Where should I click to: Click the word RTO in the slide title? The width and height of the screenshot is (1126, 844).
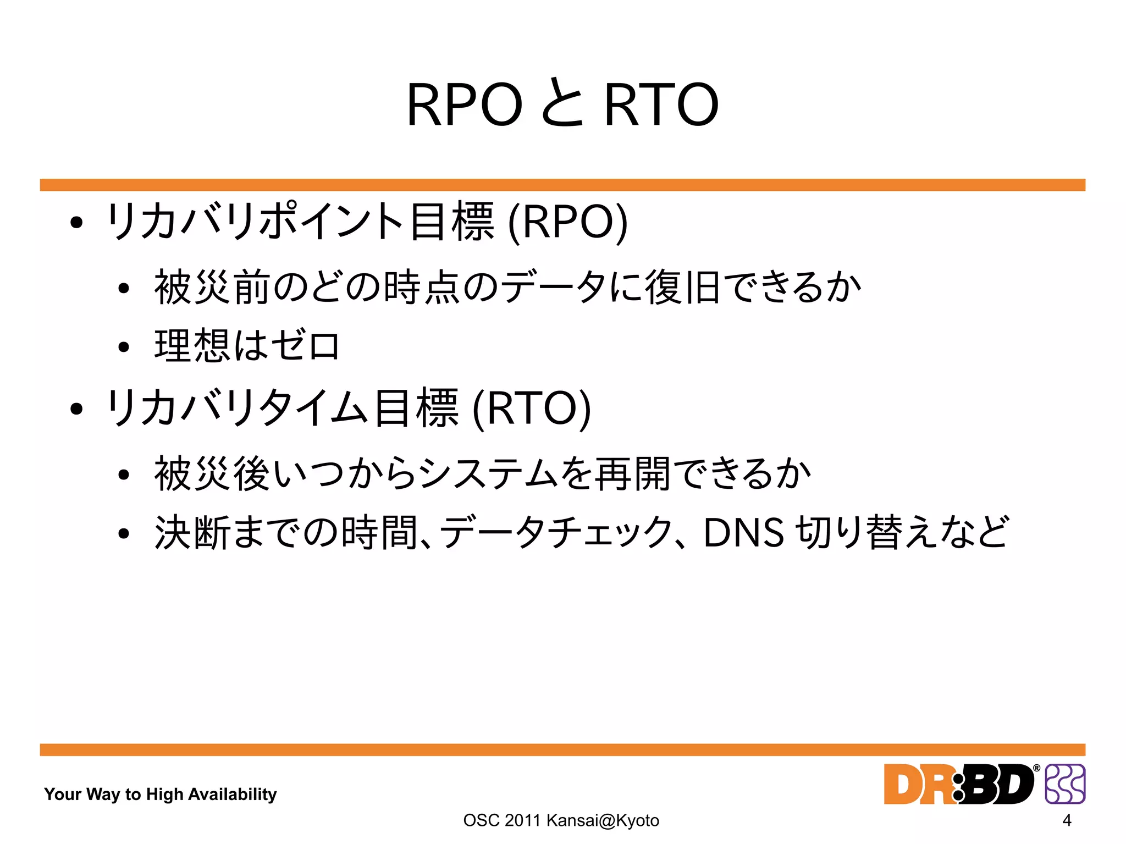coord(661,104)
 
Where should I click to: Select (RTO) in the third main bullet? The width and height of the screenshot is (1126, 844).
coord(532,409)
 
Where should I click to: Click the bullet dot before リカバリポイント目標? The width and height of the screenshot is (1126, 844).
coord(76,223)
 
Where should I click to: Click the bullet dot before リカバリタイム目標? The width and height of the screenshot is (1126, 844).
coord(76,409)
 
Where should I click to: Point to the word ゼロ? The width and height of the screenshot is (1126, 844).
coord(306,346)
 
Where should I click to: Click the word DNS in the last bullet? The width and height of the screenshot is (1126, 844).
coord(743,533)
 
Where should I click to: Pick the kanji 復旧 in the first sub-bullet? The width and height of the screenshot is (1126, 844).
coord(682,287)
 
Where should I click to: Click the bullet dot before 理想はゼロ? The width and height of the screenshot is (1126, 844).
coord(124,347)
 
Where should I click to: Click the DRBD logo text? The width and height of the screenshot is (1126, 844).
coord(959,784)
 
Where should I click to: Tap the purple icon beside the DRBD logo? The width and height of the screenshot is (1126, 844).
coord(1064,784)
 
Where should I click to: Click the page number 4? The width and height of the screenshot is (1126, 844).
coord(1067,820)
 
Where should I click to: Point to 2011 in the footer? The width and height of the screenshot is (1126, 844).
coord(522,820)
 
